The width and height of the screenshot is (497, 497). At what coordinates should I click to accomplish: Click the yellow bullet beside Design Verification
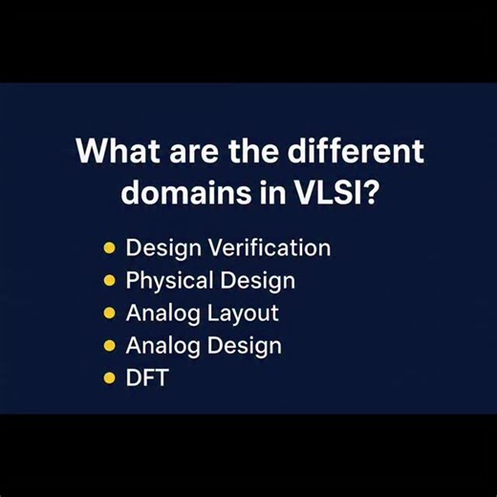coord(109,248)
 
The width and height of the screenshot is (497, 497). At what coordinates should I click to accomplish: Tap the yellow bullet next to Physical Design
coord(109,281)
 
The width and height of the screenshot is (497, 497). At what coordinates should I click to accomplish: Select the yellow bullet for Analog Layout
coord(109,313)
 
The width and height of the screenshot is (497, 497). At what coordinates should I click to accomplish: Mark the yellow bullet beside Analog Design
coord(109,345)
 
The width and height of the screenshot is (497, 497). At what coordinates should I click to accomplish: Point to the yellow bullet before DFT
coord(109,378)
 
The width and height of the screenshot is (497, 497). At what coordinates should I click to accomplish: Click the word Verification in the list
coord(269,248)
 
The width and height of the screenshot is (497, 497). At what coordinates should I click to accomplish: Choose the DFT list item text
coord(147,378)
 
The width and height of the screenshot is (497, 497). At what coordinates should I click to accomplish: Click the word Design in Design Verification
coord(162,248)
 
